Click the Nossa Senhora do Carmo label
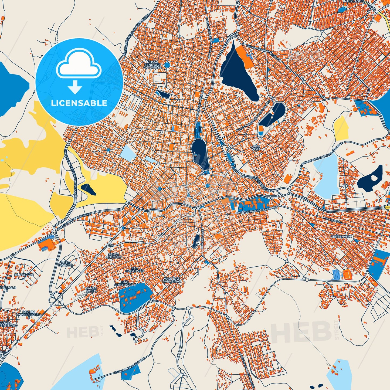point(152,65)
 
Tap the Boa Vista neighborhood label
point(256,147)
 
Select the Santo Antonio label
point(114,256)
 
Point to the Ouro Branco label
point(65,263)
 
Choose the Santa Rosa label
point(91,290)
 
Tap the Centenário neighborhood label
point(341,236)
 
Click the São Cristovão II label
point(125,283)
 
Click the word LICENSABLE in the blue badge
point(79,103)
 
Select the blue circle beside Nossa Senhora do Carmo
point(167,65)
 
